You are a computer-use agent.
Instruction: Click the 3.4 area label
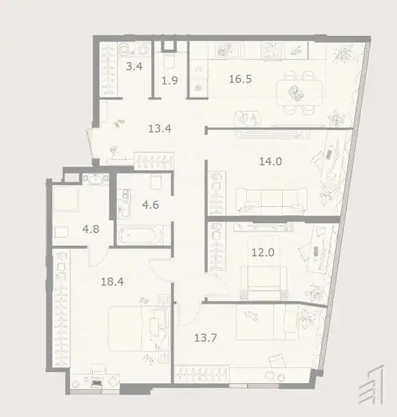134,67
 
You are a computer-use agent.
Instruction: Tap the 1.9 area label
169,80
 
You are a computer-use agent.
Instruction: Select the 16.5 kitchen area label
240,79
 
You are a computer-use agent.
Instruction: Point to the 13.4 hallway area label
160,129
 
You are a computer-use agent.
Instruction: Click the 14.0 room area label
270,161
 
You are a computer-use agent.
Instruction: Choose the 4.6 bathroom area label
150,205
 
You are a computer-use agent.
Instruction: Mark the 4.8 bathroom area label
91,229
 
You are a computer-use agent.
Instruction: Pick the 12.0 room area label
263,252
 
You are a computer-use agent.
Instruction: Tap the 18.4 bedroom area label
112,281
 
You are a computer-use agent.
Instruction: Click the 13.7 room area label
206,338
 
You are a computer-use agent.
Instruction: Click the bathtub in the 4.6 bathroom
140,235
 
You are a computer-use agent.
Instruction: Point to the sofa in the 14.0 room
272,201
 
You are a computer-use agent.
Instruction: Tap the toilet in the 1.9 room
169,62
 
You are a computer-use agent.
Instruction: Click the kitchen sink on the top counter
228,50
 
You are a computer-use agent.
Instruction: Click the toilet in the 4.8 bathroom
61,232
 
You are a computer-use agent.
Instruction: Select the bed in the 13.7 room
267,322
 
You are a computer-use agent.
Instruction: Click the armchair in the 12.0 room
264,279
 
